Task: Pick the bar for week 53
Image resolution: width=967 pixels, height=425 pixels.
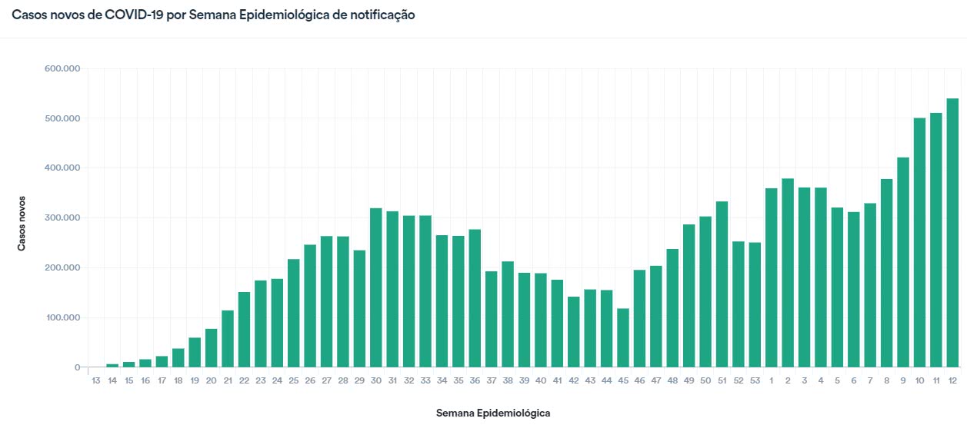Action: [x=755, y=304]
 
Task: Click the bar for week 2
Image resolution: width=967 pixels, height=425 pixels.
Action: [x=788, y=273]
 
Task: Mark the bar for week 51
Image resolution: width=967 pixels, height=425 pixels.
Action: [x=722, y=284]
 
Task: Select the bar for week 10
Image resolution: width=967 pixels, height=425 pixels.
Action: [x=919, y=242]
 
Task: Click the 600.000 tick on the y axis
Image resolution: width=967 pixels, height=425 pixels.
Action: [x=62, y=69]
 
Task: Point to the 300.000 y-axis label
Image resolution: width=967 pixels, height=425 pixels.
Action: [x=62, y=218]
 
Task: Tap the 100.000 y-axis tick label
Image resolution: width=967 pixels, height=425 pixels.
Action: [x=62, y=318]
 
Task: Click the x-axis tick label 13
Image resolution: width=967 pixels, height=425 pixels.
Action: [x=96, y=381]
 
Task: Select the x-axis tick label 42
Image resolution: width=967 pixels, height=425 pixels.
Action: [x=573, y=381]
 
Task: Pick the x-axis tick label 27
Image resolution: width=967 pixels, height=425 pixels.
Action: [x=326, y=381]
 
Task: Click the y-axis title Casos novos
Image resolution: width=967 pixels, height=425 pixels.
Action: [x=22, y=221]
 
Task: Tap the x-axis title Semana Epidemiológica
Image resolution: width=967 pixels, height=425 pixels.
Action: [x=493, y=413]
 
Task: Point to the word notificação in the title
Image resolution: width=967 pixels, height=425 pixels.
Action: [x=378, y=15]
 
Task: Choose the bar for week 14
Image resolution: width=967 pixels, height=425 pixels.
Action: [x=112, y=365]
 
